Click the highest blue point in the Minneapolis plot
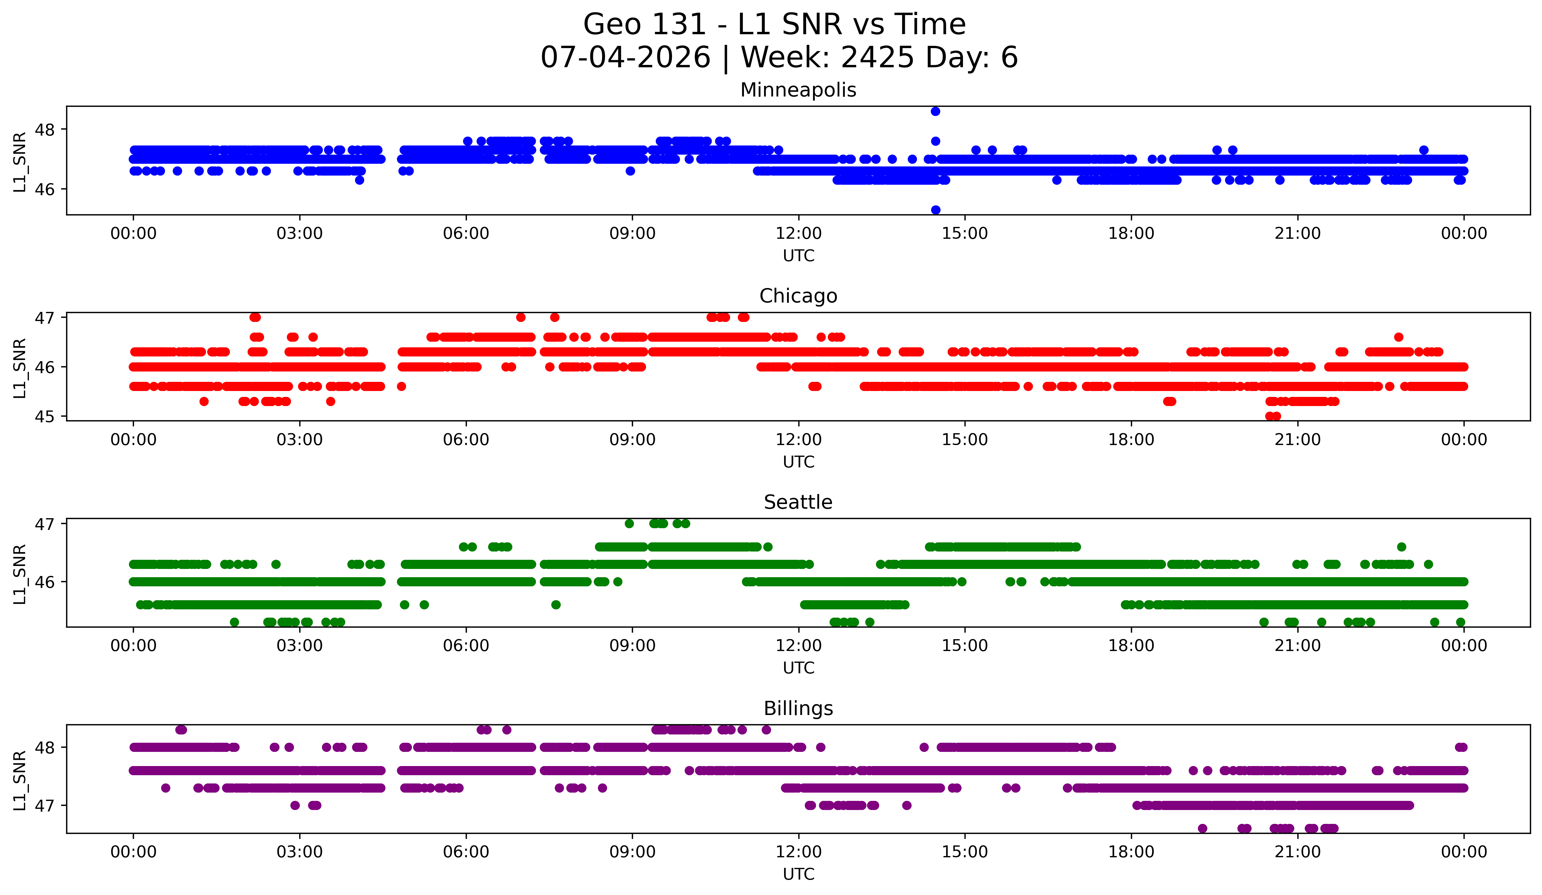tap(935, 111)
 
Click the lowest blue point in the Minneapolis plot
tap(935, 210)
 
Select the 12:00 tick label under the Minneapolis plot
tap(799, 234)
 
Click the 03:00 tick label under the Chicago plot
tap(300, 440)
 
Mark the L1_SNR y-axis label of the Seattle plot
tap(19, 574)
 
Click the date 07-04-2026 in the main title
tap(625, 58)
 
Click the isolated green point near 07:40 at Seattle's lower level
tap(556, 604)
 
